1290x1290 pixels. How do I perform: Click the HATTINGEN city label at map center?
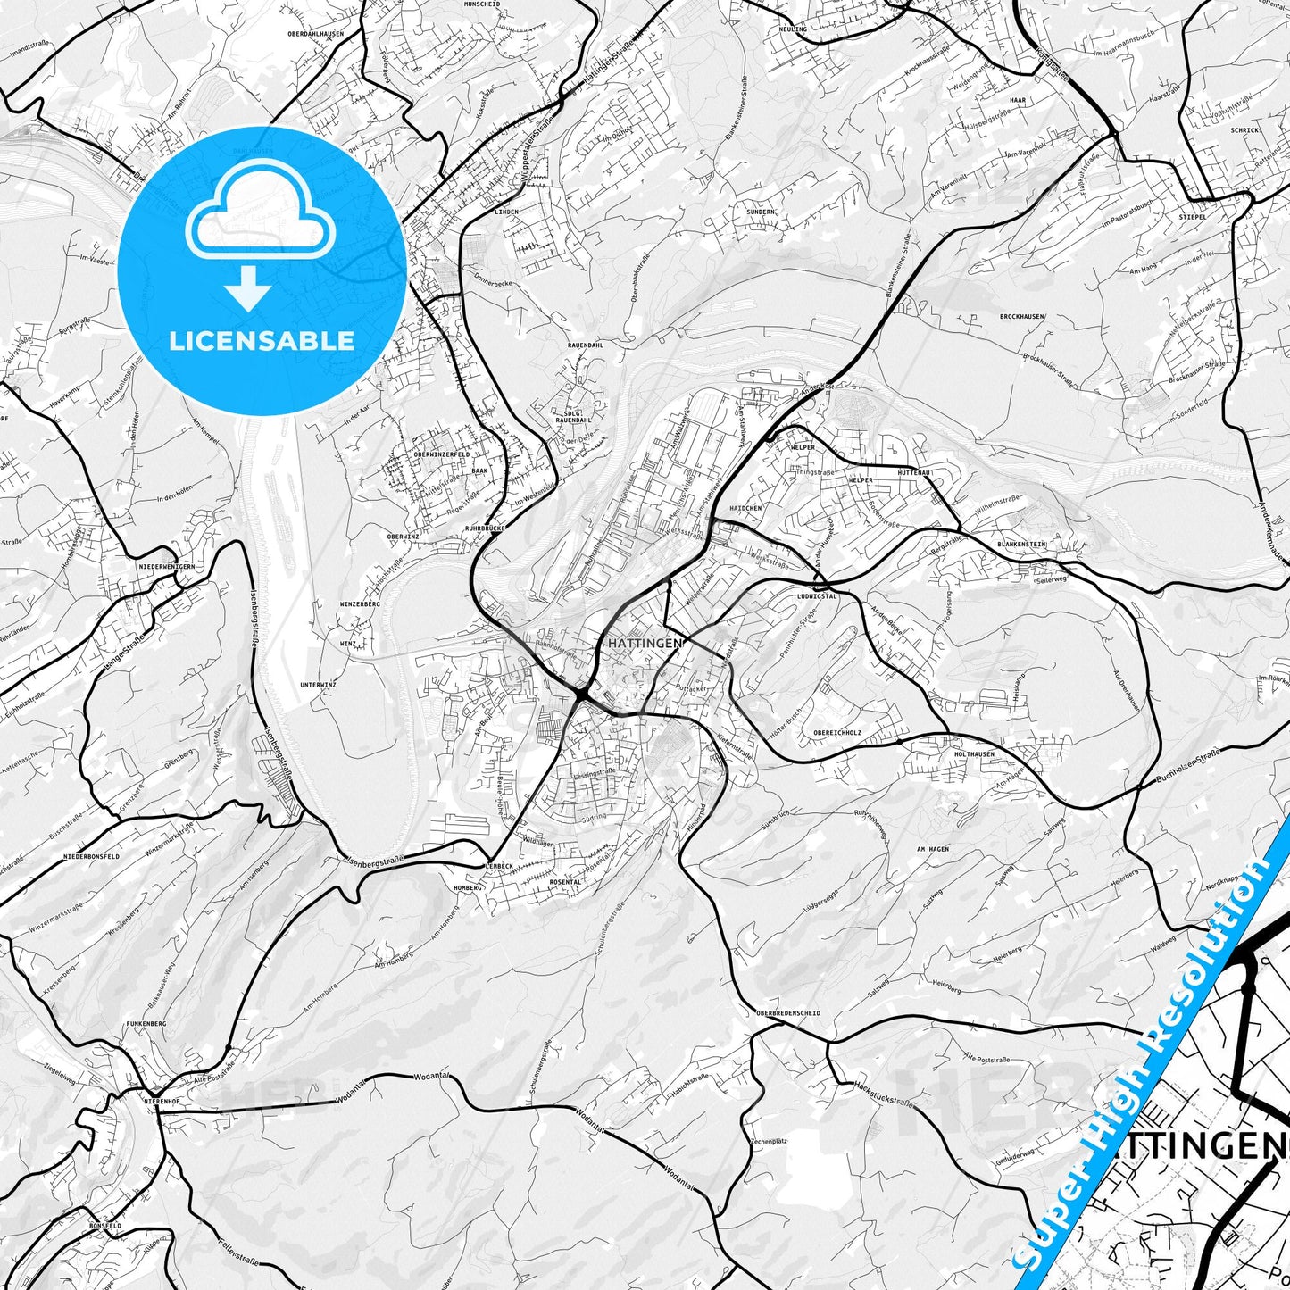click(x=644, y=643)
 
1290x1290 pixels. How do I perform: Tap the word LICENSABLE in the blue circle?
click(x=262, y=341)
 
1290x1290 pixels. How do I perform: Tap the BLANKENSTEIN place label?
click(x=1021, y=544)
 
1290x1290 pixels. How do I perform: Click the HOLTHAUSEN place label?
click(x=974, y=754)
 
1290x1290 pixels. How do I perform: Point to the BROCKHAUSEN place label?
click(x=1022, y=317)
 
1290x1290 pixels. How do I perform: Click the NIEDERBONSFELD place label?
click(x=92, y=856)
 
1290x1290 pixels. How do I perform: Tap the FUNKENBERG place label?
click(x=146, y=1023)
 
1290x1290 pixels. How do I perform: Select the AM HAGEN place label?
click(x=933, y=849)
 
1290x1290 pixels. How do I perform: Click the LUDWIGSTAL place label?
click(x=816, y=596)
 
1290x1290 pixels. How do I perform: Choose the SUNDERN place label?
click(x=761, y=212)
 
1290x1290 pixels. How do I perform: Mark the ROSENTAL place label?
click(x=566, y=882)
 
